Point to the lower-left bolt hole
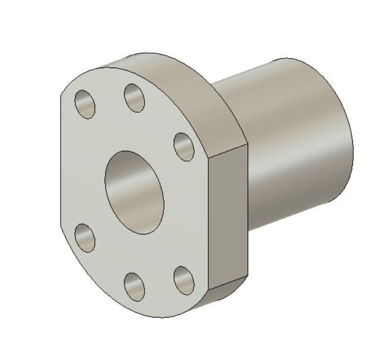point(84,237)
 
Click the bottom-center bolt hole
point(134,286)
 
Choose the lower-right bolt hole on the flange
point(183,280)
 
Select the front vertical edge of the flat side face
point(209,225)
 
